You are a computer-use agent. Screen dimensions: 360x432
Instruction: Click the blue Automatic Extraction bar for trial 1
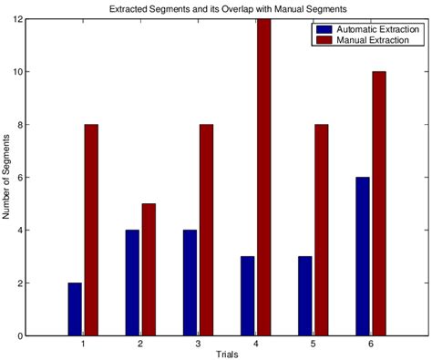point(74,309)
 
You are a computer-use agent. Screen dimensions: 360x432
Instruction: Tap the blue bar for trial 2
point(132,283)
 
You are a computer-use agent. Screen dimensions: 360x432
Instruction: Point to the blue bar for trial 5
point(303,296)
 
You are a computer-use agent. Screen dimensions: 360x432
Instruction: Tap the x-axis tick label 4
point(255,345)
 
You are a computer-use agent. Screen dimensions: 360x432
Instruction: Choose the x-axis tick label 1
point(83,345)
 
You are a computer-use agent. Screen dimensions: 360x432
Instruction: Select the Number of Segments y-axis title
point(8,177)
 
